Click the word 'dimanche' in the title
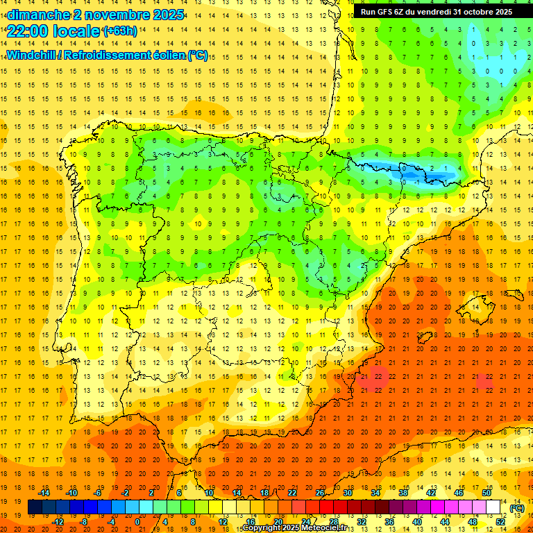39,15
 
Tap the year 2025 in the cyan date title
167,15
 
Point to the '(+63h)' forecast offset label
120,31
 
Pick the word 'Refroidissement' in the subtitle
123,55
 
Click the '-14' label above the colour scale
44,493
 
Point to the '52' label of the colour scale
500,522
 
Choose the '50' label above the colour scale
487,493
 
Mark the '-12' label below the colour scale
58,522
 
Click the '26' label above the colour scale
320,493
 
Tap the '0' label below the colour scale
137,522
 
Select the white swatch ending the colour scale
493,507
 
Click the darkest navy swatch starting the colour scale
35,507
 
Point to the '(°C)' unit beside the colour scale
517,508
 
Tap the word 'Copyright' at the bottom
263,528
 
